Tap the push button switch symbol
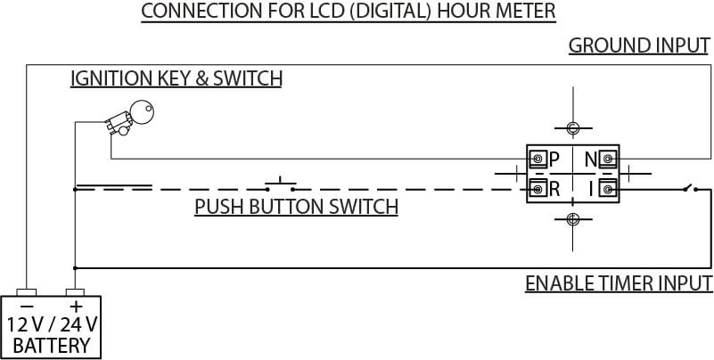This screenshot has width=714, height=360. pos(281,185)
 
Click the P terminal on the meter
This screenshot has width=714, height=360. pos(538,160)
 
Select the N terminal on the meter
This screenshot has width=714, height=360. pos(608,160)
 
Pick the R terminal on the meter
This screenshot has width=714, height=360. pos(538,188)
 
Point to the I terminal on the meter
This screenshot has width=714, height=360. pos(608,188)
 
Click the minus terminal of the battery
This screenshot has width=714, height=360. pos(28,292)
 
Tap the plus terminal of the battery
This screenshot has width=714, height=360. pos(75,292)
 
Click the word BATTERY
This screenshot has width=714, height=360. pos(52,345)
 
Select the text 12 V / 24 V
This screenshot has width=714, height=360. pos(52,323)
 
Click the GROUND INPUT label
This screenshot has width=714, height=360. pos(639,45)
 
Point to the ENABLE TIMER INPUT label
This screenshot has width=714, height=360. pos(618,284)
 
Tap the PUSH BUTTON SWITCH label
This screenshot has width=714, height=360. pos(296,209)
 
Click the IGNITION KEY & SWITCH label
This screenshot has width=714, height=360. pos(176,78)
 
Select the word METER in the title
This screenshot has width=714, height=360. pos(525,12)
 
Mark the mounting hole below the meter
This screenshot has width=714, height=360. pos(572,218)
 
